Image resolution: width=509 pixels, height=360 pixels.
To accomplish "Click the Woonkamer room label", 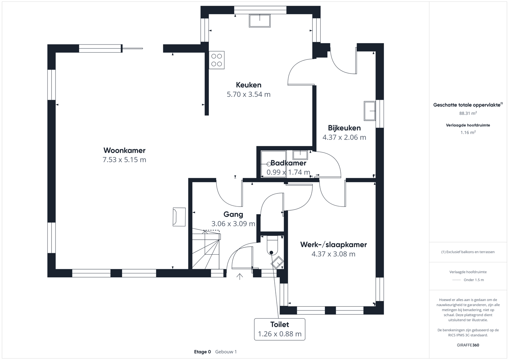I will (124, 150).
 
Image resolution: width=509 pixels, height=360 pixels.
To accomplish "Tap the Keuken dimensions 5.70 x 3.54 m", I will (248, 94).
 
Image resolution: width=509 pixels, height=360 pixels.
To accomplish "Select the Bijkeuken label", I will (344, 128).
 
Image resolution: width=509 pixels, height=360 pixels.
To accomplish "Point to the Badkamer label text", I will (288, 163).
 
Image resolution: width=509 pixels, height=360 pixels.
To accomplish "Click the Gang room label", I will (233, 214).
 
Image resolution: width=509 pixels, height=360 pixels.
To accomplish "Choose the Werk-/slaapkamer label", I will (333, 245).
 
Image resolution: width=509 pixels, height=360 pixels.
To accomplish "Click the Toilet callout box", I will (280, 329).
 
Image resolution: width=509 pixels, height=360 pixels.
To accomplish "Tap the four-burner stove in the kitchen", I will (216, 60).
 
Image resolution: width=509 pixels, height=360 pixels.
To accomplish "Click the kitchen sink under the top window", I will (260, 21).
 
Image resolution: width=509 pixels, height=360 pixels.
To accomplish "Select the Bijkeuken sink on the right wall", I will (370, 111).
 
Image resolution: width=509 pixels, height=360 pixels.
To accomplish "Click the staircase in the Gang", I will (206, 249).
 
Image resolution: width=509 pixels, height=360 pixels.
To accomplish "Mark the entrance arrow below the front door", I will (240, 277).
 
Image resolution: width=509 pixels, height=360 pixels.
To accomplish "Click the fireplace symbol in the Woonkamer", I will (179, 217).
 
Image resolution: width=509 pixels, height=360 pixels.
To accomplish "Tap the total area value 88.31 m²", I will (468, 114).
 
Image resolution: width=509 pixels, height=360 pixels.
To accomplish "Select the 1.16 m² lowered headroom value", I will (468, 133).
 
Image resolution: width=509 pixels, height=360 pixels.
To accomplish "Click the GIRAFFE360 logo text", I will (468, 345).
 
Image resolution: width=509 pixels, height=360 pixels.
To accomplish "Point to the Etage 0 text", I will (202, 352).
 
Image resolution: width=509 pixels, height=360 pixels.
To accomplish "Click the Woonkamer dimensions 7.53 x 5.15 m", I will (124, 160).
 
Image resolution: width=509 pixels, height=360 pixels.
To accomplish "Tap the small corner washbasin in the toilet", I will (277, 262).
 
